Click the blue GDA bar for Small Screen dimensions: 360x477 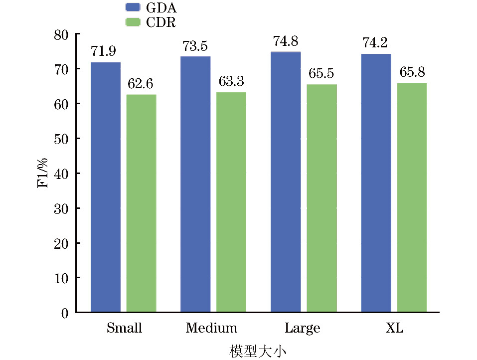[x=105, y=187]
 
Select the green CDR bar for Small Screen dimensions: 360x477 [x=141, y=203]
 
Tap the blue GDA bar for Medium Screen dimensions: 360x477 [x=195, y=184]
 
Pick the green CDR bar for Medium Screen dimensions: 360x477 [x=231, y=202]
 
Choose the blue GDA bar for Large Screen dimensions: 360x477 [x=286, y=182]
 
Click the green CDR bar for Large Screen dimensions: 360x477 [x=321, y=198]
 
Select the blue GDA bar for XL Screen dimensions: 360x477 [x=376, y=183]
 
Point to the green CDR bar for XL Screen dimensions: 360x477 [x=412, y=197]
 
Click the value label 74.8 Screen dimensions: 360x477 [x=286, y=41]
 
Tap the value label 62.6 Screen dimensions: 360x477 [x=141, y=84]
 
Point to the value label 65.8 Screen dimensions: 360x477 [x=412, y=73]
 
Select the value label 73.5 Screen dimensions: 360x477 [x=195, y=46]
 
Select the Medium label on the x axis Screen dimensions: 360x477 [x=211, y=328]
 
